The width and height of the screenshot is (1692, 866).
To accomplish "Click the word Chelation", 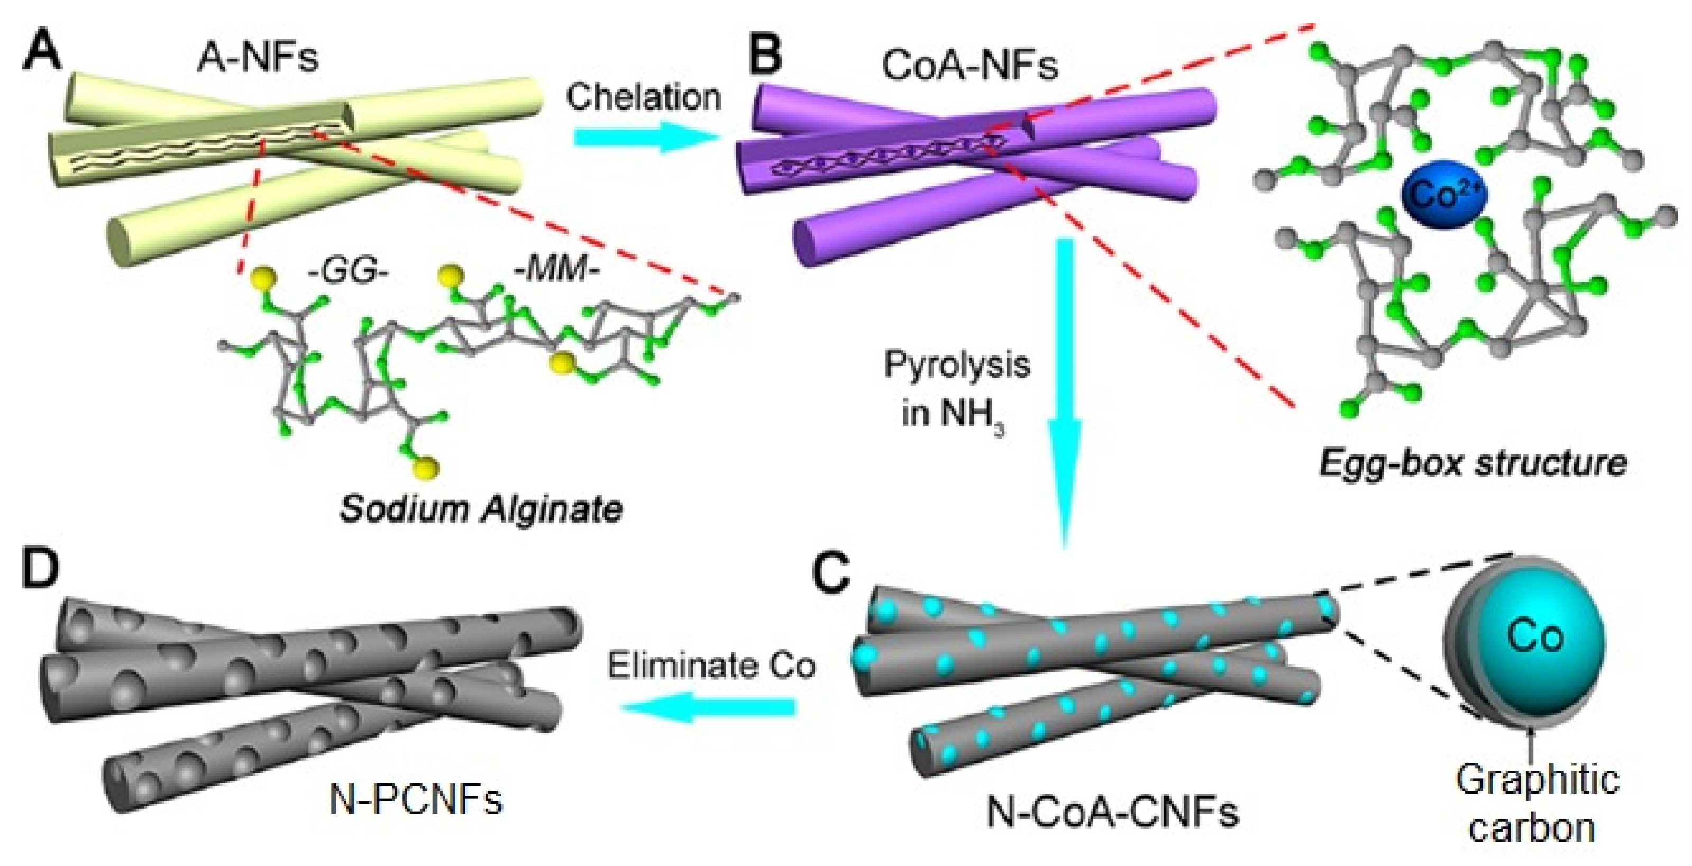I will pyautogui.click(x=644, y=97).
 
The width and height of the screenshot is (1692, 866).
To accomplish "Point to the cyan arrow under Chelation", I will pyautogui.click(x=644, y=138).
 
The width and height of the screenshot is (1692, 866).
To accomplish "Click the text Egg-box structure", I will pyautogui.click(x=1473, y=464).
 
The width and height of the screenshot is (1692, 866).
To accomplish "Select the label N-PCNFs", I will pyautogui.click(x=415, y=800).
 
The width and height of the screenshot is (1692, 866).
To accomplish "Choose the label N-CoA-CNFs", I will pyautogui.click(x=1113, y=812).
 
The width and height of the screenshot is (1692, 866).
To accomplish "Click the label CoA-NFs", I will pyautogui.click(x=970, y=66).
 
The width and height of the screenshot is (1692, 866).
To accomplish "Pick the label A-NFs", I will pyautogui.click(x=257, y=58).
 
